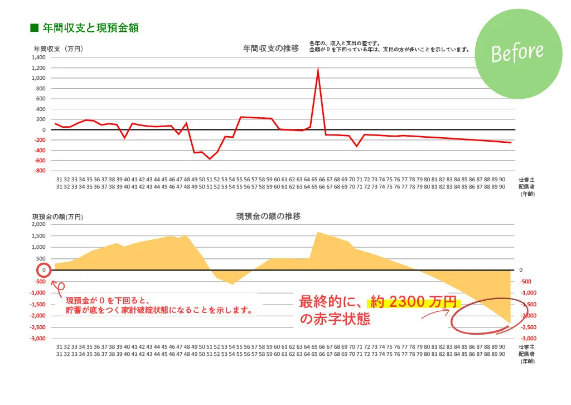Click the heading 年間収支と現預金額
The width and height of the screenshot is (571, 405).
click(90, 27)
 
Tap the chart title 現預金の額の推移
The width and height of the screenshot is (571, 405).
click(268, 216)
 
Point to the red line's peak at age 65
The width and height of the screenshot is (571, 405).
click(318, 69)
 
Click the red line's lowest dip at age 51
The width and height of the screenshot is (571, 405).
click(210, 159)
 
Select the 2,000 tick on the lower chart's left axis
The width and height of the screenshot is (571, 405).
click(38, 224)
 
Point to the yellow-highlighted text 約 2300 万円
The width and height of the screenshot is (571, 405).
click(413, 302)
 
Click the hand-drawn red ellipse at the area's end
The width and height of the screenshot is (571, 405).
click(489, 316)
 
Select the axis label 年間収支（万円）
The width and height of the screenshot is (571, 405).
click(59, 49)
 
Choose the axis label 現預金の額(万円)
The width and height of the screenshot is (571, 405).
click(57, 216)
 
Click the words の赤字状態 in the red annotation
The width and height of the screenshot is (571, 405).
click(335, 320)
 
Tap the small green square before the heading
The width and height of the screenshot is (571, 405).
click(33, 27)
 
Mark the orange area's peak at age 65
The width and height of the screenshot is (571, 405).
click(318, 232)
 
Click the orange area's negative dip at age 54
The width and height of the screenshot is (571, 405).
click(233, 285)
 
